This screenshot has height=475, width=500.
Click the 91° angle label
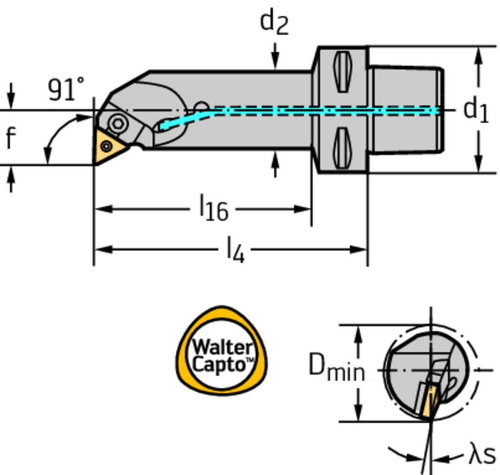[x=66, y=90]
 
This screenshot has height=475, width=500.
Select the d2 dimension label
[x=274, y=22]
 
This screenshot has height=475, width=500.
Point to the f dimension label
[x=10, y=138]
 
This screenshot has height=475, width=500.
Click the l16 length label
[x=213, y=209]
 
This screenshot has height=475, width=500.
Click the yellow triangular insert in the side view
[x=108, y=145]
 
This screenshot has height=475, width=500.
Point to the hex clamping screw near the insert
[x=118, y=123]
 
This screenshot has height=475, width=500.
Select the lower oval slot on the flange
[x=342, y=148]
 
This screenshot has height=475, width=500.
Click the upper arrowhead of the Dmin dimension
[x=359, y=331]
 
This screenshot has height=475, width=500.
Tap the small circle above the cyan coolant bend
[x=201, y=107]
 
